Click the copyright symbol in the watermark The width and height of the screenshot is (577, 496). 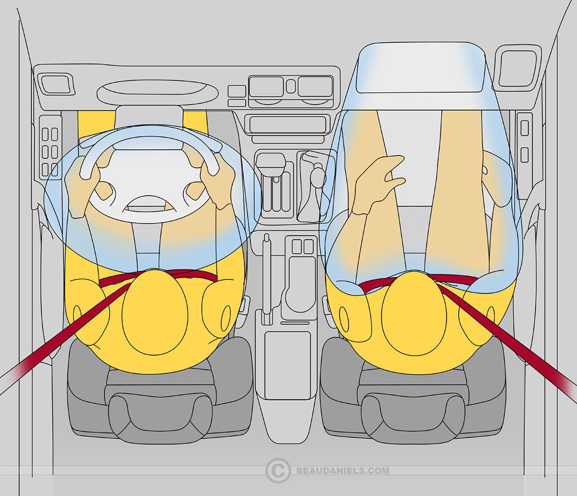pos(277,470)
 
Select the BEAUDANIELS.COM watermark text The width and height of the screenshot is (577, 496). pos(343,471)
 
